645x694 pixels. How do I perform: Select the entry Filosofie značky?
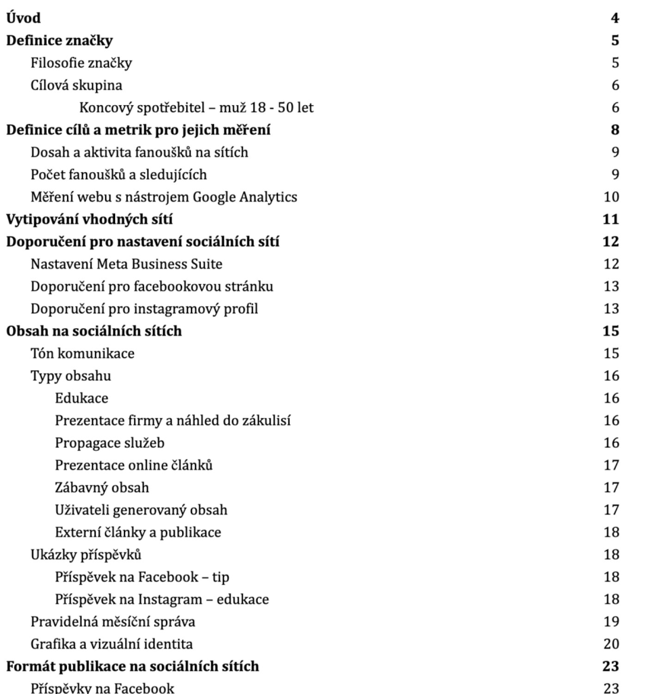pos(81,63)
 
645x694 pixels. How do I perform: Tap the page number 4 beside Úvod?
pos(615,18)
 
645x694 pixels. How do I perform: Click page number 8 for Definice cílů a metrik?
pos(615,130)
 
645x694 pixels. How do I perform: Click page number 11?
pos(612,220)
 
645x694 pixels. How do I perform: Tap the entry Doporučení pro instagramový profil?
pos(144,309)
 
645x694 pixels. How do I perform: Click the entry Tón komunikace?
pos(83,354)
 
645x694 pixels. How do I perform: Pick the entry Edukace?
pos(81,399)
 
